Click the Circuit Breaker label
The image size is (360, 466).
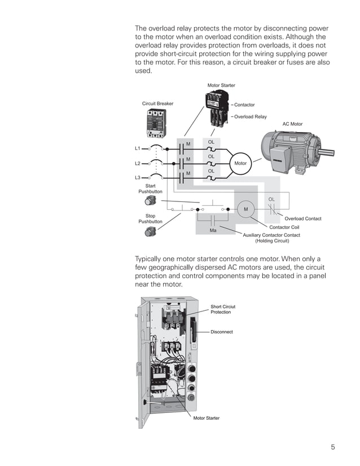coord(157,104)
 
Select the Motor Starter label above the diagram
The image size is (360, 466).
coord(221,85)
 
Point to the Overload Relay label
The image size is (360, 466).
coord(250,117)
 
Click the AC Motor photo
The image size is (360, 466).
coord(293,150)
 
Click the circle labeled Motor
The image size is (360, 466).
coord(240,163)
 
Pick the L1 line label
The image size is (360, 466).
coord(137,148)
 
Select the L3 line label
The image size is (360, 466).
coord(137,178)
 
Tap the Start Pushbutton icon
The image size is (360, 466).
coord(151,200)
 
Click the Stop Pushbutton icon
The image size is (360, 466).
coord(151,231)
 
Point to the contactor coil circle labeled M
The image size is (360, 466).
coord(246,209)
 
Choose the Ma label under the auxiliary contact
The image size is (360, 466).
coord(213,230)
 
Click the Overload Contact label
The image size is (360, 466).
coord(303,219)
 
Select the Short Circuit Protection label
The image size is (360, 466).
coord(223,309)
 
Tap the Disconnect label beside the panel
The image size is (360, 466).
coord(222,332)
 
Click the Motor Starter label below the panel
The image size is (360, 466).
coord(207,418)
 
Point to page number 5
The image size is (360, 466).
coord(333,447)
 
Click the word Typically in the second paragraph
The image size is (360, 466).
coord(151,260)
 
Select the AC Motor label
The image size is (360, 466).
coord(292,124)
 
